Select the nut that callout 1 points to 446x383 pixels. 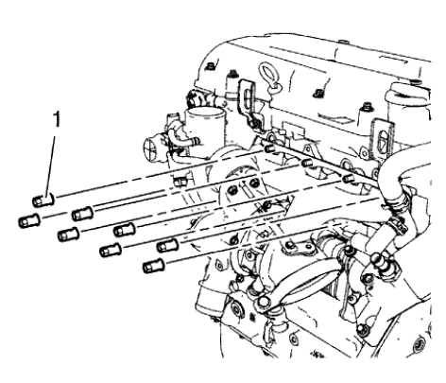pyautogui.click(x=41, y=200)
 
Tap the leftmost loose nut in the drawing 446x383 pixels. pyautogui.click(x=26, y=222)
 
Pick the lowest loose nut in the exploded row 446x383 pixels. pyautogui.click(x=151, y=268)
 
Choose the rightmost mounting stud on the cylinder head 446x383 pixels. pyautogui.click(x=352, y=177)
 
